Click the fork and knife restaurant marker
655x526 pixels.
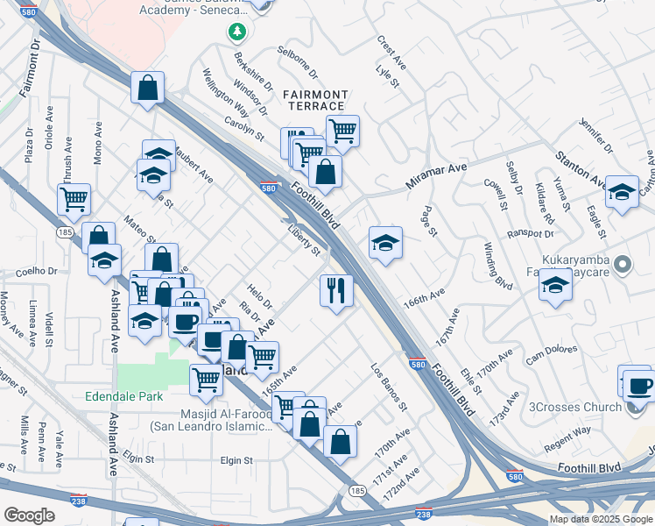pyautogui.click(x=336, y=291)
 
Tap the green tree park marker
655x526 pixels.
pyautogui.click(x=236, y=32)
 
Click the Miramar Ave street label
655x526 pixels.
pyautogui.click(x=436, y=175)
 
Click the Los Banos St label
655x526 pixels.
pyautogui.click(x=389, y=387)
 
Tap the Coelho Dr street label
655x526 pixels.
pyautogui.click(x=35, y=271)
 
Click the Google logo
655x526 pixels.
pyautogui.click(x=30, y=515)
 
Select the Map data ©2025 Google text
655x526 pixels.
pyautogui.click(x=601, y=519)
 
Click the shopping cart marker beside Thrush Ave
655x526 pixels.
pyautogui.click(x=74, y=199)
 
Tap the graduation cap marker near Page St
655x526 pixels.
pyautogui.click(x=385, y=244)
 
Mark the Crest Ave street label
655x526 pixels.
pyautogui.click(x=391, y=53)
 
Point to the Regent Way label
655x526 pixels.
pyautogui.click(x=568, y=430)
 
